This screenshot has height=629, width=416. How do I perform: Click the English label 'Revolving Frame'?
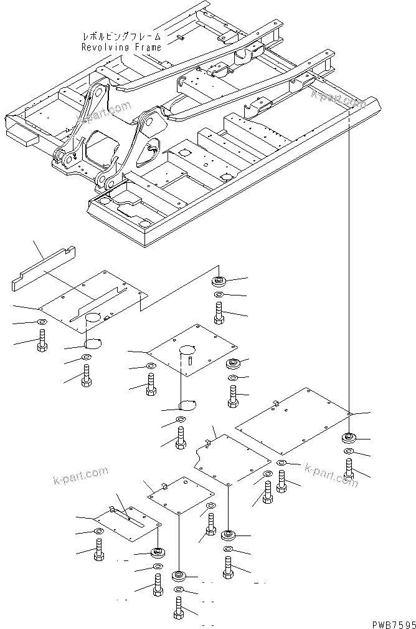point(121,47)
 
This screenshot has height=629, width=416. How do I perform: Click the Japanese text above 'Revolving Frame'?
point(121,36)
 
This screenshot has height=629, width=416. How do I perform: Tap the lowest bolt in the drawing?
point(180,607)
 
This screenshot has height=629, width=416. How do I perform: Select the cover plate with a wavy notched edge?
point(232,460)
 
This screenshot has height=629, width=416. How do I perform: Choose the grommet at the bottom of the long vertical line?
point(349,438)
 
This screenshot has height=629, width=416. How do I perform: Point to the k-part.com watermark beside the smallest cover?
point(78,478)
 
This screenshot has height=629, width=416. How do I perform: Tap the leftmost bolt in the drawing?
point(42,340)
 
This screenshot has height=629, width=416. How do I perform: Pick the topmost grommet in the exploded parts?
point(219,280)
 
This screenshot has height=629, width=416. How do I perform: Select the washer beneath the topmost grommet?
point(219,294)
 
